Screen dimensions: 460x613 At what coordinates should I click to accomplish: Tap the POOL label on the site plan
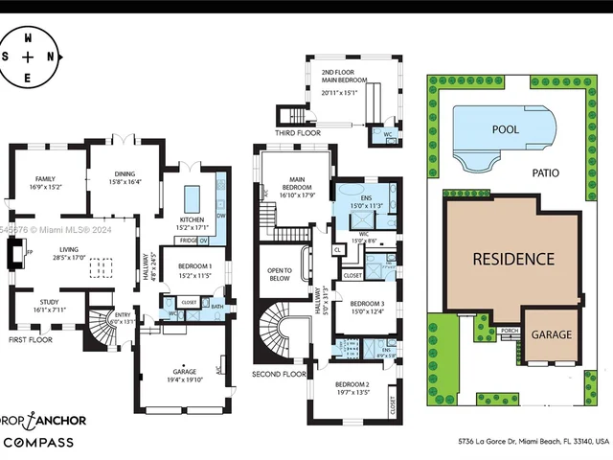point(506,128)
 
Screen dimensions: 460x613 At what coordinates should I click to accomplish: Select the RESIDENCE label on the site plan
point(512,259)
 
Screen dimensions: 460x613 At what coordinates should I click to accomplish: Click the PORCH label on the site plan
point(510,331)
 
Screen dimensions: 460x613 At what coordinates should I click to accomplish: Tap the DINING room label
point(125,173)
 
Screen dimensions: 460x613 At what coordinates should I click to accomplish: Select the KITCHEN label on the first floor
point(193,219)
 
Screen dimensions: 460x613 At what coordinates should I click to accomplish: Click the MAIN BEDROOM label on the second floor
point(294,186)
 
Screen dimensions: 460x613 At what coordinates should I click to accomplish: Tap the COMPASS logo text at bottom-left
point(40,442)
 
